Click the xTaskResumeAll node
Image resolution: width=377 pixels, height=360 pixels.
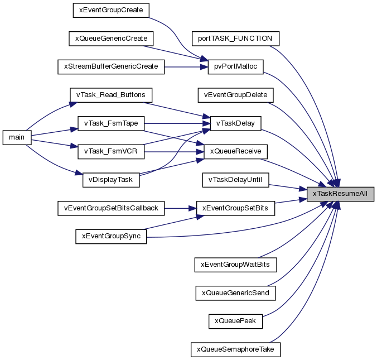(340, 194)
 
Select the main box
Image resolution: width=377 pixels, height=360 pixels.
(17, 138)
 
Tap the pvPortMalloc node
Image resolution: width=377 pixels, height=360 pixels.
(235, 67)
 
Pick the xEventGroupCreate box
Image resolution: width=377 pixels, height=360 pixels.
(111, 11)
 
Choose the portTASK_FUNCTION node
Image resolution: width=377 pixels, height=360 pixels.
(235, 39)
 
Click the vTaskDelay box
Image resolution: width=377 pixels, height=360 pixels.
(235, 123)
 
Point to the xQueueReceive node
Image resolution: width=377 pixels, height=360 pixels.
(235, 152)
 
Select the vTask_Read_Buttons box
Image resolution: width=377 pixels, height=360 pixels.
(111, 95)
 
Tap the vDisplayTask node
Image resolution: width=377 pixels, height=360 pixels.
(111, 180)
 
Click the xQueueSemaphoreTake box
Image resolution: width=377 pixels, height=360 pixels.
(235, 349)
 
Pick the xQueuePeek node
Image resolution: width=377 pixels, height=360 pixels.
(235, 321)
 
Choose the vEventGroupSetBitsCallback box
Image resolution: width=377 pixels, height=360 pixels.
(111, 208)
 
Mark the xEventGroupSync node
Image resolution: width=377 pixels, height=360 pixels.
(111, 237)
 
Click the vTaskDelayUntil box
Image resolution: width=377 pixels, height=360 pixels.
(235, 180)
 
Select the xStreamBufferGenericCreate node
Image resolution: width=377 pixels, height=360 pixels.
(111, 67)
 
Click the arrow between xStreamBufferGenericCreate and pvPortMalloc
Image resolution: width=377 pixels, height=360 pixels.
(186, 67)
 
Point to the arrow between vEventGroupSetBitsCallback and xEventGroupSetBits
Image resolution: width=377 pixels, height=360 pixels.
(181, 208)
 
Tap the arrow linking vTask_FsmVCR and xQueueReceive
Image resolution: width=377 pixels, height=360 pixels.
(174, 152)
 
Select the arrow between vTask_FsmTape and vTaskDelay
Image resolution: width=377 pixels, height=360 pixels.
(177, 124)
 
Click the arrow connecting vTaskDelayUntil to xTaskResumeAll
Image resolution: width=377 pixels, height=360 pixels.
(288, 188)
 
